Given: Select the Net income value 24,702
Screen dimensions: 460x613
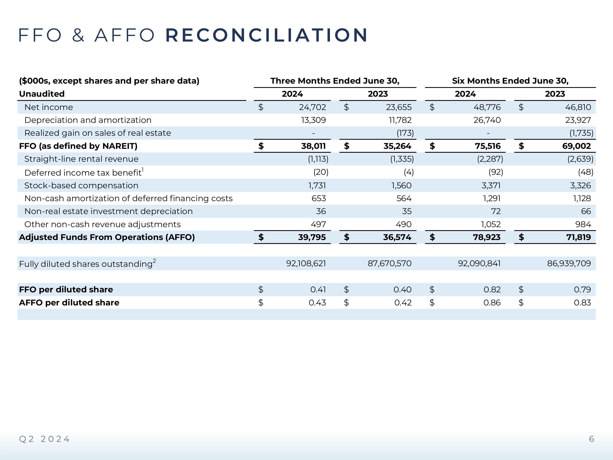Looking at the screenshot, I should click(312, 107).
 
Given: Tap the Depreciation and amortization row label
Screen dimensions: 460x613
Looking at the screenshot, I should click(88, 120).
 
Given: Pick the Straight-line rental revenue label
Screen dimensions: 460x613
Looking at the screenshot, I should click(81, 159).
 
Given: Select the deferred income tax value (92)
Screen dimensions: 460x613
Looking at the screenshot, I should click(496, 172).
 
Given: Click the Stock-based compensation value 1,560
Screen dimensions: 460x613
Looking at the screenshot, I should click(401, 185).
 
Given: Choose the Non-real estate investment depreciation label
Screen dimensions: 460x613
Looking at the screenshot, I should click(108, 211).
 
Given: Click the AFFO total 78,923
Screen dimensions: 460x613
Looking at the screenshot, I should click(487, 237).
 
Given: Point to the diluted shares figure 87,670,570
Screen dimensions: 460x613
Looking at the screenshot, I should click(389, 263).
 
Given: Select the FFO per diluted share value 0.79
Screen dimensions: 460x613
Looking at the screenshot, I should click(582, 289).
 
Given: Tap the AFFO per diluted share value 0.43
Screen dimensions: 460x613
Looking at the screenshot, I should click(317, 303).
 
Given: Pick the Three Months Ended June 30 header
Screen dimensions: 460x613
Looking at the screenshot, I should click(335, 81).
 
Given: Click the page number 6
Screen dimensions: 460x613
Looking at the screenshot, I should click(591, 439).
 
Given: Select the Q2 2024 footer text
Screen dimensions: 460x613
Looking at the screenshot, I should click(44, 439).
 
